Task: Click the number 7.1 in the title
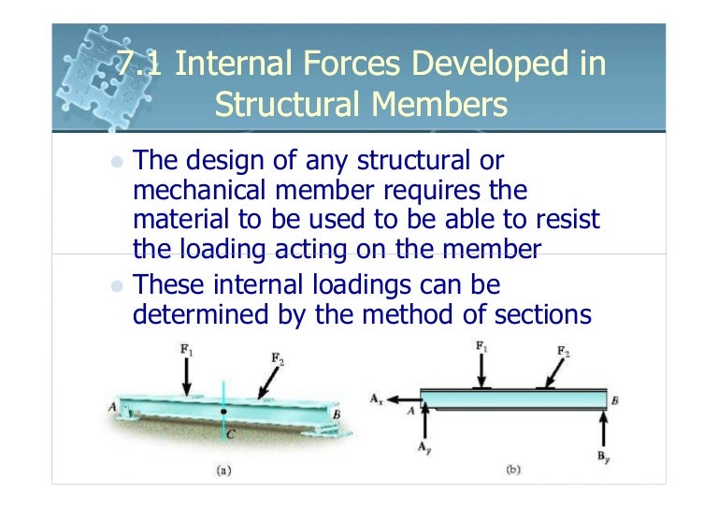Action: pos(140,65)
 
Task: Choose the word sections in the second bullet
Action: pos(536,315)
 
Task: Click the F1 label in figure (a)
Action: pos(188,350)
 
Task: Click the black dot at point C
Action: pos(223,411)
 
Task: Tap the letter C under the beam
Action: pos(230,433)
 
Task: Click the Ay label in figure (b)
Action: pos(424,448)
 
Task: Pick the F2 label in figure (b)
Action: pos(564,351)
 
